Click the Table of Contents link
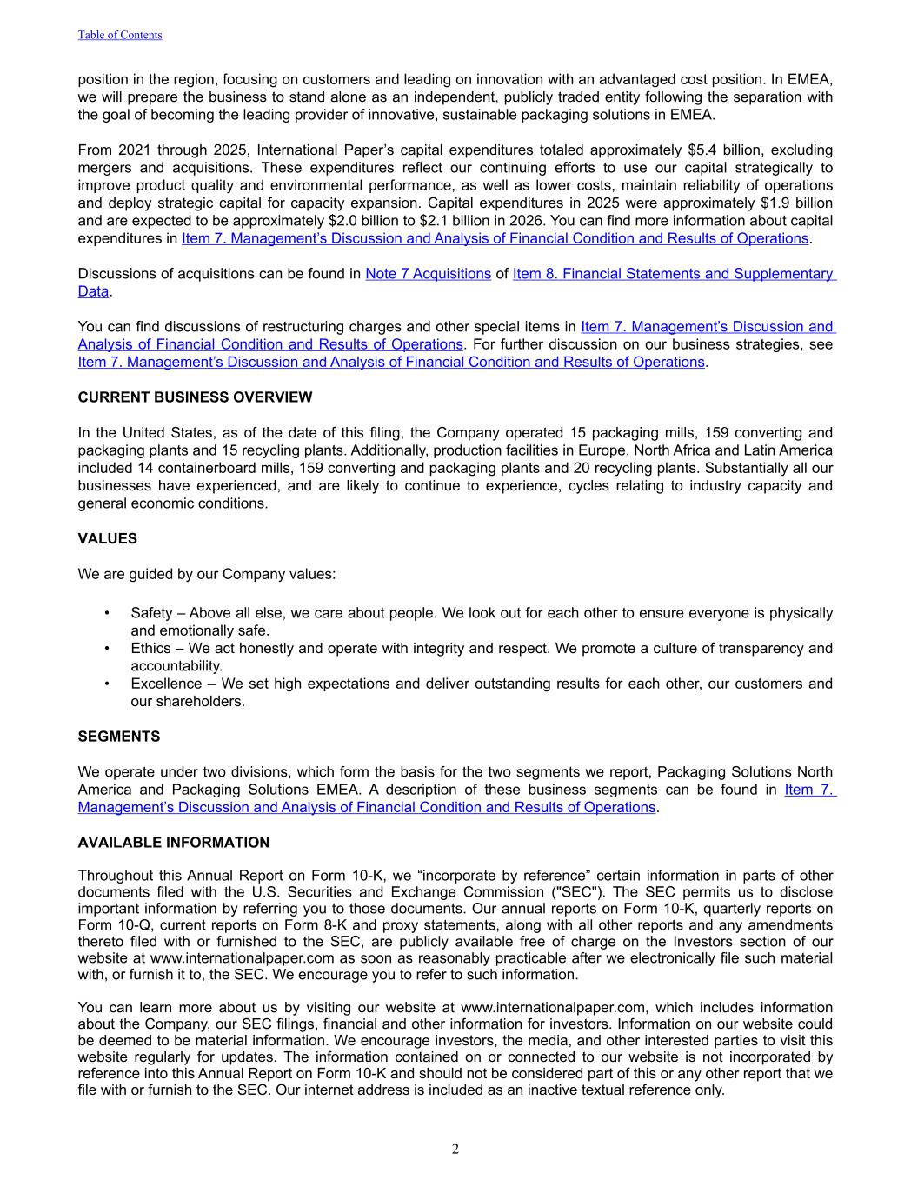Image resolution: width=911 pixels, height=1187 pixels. (x=120, y=35)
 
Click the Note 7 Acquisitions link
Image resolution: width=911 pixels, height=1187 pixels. (x=428, y=274)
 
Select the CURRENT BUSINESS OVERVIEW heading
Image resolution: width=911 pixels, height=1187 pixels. (x=195, y=397)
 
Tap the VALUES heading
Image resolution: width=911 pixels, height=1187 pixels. (x=108, y=539)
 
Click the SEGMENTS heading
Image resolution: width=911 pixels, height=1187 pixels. (x=119, y=737)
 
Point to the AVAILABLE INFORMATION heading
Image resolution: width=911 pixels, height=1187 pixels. (x=174, y=843)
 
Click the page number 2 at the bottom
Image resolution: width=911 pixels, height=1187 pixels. (x=455, y=1150)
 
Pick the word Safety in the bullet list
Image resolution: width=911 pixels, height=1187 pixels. (x=151, y=613)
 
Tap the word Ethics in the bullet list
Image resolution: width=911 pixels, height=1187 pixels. (x=150, y=649)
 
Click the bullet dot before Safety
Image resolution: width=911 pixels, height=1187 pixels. (x=107, y=613)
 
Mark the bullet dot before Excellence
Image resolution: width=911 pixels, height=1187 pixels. (x=107, y=684)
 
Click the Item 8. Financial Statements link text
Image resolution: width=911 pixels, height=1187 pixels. (x=674, y=274)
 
